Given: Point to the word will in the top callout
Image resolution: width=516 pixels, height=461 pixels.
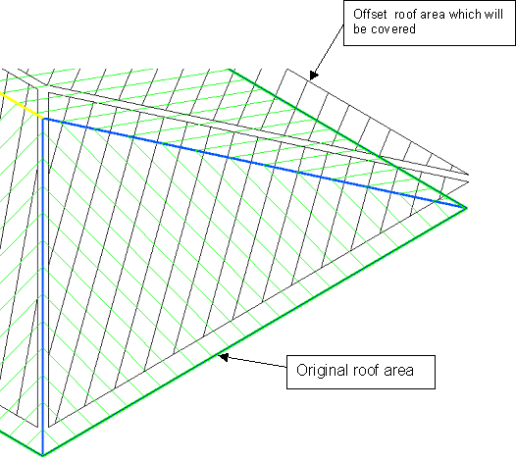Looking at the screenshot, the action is (x=495, y=15).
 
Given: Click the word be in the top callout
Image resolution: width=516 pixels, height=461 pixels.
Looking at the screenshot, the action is (x=360, y=29).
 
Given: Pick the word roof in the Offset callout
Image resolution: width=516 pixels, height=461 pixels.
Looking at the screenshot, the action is (x=405, y=15).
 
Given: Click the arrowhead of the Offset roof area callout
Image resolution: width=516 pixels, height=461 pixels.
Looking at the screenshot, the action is (x=313, y=76).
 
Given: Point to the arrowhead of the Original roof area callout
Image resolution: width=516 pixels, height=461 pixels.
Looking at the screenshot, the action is (x=224, y=357).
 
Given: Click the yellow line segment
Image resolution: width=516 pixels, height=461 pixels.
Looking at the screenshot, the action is (x=22, y=105).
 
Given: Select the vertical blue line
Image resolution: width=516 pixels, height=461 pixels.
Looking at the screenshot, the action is (x=43, y=287).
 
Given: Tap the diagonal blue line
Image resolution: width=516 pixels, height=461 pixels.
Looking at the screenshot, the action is (x=254, y=163).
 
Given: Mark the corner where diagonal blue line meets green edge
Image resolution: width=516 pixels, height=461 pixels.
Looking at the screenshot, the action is (x=466, y=208).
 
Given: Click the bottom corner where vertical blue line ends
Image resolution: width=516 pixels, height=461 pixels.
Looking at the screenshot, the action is (x=43, y=455).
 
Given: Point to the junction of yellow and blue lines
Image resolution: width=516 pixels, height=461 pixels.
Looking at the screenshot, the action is (x=43, y=119).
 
